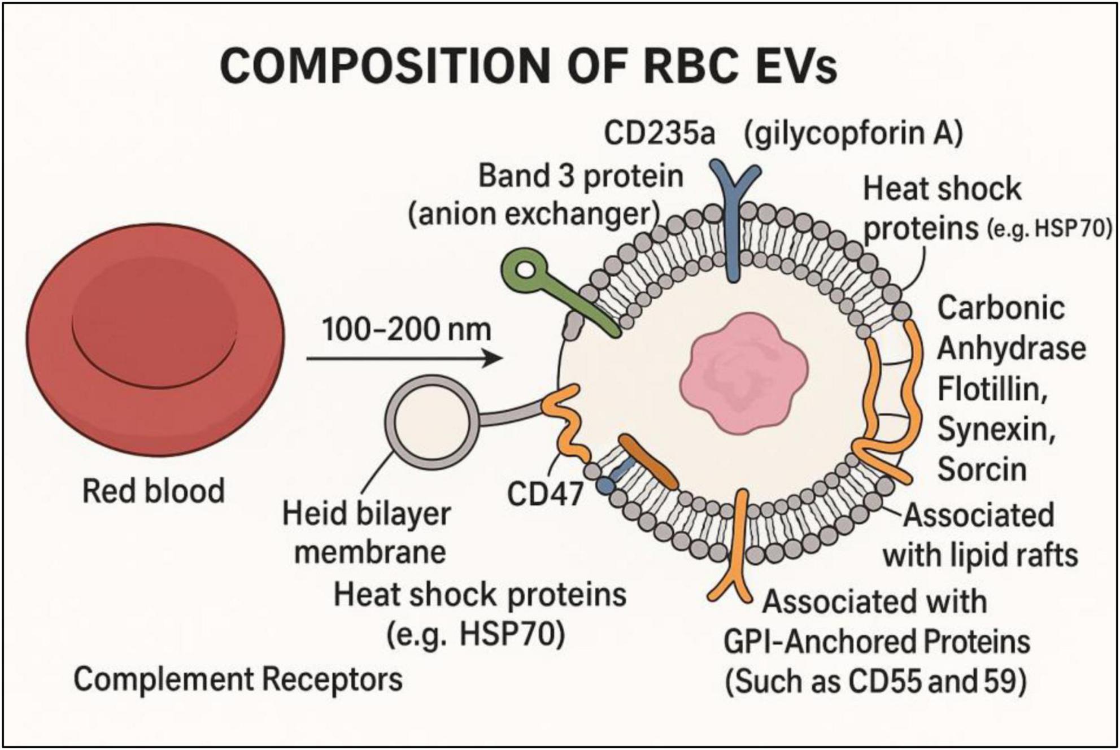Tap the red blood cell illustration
[x=155, y=339]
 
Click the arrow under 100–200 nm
[x=404, y=358]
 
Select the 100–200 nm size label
[x=406, y=329]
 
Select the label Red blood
[x=154, y=490]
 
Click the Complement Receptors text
[x=238, y=679]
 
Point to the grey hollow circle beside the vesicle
[x=432, y=422]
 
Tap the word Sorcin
[x=982, y=469]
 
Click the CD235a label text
[x=659, y=133]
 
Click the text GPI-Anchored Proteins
[x=877, y=642]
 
